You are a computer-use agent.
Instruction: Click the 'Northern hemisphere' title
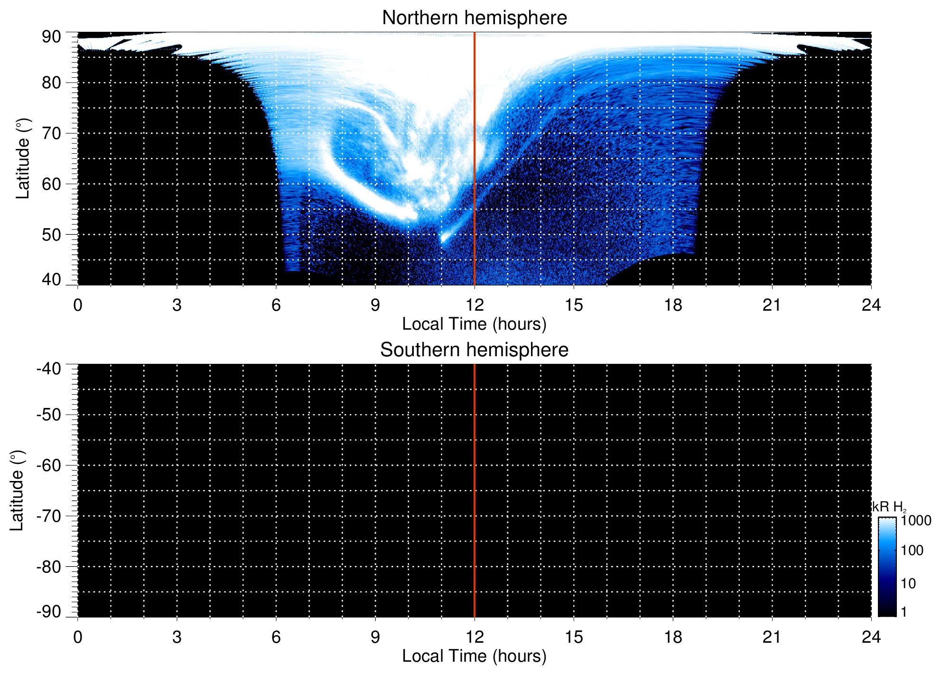(474, 18)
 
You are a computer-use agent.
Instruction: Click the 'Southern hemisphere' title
(474, 350)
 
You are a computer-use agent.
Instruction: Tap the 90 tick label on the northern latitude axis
(51, 37)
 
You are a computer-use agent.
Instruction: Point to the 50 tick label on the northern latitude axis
(51, 235)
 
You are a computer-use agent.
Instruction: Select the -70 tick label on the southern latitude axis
(48, 516)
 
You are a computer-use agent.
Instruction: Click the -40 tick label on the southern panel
(48, 369)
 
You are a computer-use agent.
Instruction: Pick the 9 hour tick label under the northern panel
(375, 305)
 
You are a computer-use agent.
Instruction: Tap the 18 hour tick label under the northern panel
(673, 305)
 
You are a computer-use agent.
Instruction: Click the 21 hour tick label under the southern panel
(772, 637)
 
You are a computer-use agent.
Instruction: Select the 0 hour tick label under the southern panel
(78, 637)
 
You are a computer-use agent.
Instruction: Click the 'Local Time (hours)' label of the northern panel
(474, 324)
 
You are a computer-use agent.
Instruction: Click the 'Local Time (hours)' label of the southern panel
(474, 656)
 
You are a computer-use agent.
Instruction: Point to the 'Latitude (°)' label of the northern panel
(23, 158)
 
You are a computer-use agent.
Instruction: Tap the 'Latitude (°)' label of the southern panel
(17, 490)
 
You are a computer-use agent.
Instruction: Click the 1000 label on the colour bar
(916, 521)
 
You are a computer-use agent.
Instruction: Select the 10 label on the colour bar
(908, 583)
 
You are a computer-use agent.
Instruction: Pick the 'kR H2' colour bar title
(889, 507)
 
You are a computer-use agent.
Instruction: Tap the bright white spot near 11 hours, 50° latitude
(444, 238)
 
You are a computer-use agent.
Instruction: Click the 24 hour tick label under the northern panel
(871, 305)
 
